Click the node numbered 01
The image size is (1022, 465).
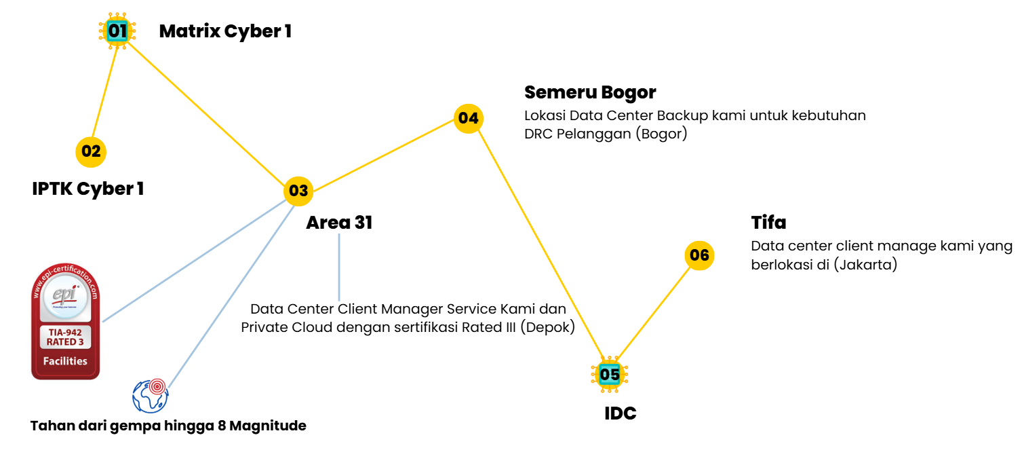(117, 31)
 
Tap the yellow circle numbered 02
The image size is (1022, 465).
(91, 151)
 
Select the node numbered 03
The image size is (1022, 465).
(298, 191)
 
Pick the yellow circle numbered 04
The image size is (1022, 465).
(468, 118)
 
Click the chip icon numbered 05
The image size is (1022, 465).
(609, 374)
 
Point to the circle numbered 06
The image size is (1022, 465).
(699, 255)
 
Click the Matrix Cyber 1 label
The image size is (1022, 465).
(225, 31)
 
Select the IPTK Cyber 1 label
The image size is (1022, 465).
(88, 189)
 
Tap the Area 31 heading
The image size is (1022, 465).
(339, 223)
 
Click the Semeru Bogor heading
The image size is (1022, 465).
(590, 92)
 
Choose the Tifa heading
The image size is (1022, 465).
(768, 223)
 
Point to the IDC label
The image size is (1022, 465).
(620, 413)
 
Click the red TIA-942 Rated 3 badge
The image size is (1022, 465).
(66, 322)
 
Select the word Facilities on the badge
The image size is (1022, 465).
(65, 361)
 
